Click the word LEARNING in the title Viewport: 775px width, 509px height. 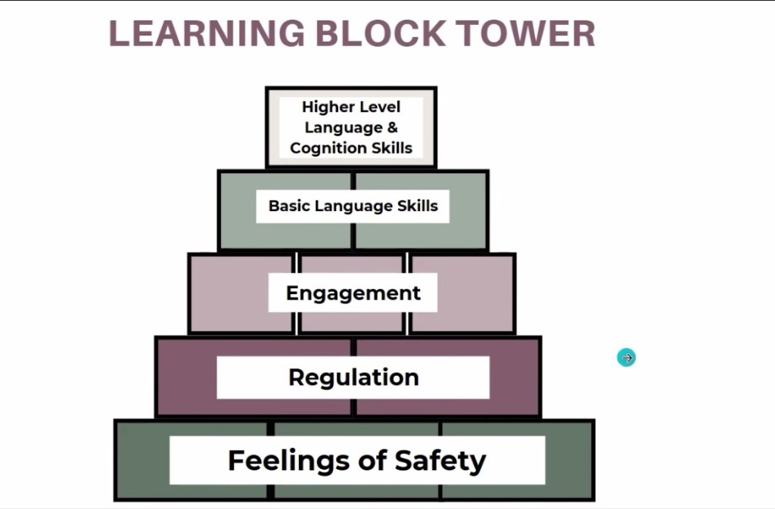coord(206,33)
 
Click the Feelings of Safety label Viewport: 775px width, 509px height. coord(356,460)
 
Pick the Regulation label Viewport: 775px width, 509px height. coord(353,377)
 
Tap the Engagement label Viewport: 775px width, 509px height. coord(353,293)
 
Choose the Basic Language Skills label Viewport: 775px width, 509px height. coord(353,206)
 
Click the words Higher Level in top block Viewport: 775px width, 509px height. coord(351,107)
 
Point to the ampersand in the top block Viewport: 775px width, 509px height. coord(392,127)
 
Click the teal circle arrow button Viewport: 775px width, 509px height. coord(627,358)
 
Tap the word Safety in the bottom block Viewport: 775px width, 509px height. coord(440,460)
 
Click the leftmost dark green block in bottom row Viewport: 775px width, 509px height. coord(144,460)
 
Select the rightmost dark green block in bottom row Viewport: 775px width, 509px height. coord(568,460)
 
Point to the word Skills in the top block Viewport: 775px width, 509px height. coord(391,147)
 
